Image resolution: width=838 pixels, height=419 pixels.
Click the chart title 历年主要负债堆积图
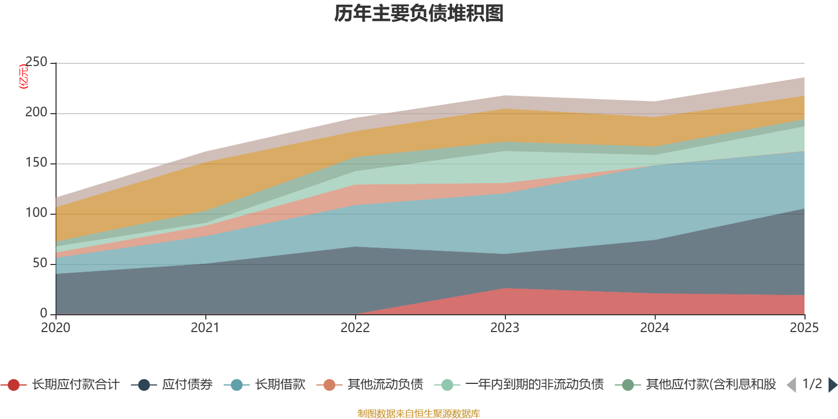tap(419, 14)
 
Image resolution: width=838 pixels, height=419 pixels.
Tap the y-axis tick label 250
tap(36, 62)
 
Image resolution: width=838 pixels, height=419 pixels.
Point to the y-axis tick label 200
tap(36, 113)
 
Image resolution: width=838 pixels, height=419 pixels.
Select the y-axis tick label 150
tap(36, 163)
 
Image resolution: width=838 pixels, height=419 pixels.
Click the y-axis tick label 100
tap(36, 213)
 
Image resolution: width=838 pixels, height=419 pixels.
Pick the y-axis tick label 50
tap(40, 263)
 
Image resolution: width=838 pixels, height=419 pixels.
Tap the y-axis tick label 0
tap(44, 313)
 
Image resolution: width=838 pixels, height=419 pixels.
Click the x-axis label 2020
tap(56, 328)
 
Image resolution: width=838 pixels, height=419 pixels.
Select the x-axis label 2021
tap(205, 328)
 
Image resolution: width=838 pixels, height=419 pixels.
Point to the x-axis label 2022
tap(355, 328)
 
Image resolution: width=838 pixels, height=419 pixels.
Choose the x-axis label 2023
tap(505, 328)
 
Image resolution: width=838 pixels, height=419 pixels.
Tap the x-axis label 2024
tap(655, 328)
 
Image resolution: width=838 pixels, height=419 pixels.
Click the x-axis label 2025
tap(804, 328)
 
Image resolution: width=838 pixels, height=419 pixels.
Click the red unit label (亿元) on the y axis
tap(24, 76)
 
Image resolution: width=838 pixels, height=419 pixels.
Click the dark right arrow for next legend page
tap(832, 385)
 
